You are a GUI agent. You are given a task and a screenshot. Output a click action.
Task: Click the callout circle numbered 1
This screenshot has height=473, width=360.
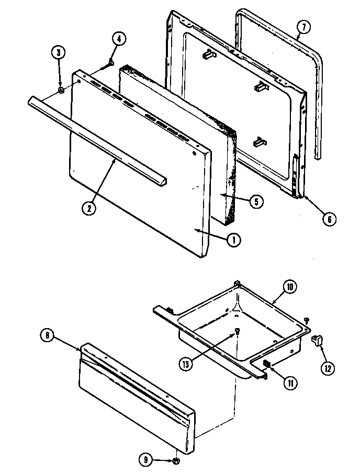pyautogui.click(x=234, y=240)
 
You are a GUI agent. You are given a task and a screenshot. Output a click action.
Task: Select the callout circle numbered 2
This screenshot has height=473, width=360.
pyautogui.click(x=89, y=208)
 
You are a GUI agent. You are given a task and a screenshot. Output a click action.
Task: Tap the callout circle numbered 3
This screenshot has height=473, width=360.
pyautogui.click(x=58, y=52)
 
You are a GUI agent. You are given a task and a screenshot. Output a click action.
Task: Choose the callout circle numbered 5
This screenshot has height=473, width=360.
pyautogui.click(x=256, y=201)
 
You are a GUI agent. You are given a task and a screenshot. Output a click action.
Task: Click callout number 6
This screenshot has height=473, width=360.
pyautogui.click(x=328, y=219)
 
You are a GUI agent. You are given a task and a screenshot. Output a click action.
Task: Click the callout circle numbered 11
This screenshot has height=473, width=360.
pyautogui.click(x=289, y=382)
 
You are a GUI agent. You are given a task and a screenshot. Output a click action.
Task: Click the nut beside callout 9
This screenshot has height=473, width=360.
pyautogui.click(x=176, y=460)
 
